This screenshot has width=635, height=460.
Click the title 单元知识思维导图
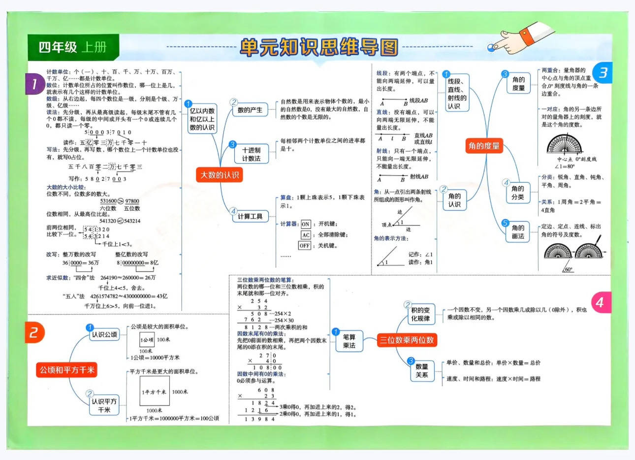(319, 47)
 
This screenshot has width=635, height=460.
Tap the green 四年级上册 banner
(73, 47)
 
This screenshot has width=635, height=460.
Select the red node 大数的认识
(220, 175)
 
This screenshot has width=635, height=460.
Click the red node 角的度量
(484, 146)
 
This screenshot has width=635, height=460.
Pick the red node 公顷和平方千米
(67, 370)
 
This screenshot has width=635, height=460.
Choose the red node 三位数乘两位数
(406, 340)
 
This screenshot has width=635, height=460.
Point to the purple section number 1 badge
(34, 84)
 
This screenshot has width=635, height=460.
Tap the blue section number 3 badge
(602, 73)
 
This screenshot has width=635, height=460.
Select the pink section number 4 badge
(600, 302)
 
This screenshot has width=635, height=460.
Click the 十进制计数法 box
(252, 154)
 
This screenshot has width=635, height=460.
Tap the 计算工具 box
(250, 216)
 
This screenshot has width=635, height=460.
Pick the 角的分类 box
(518, 193)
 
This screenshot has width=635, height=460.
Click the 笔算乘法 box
(349, 341)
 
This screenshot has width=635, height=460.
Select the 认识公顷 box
(104, 335)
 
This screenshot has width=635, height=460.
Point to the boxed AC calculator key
(306, 235)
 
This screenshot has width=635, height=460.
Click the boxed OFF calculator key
(305, 245)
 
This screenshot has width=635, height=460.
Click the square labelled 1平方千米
(155, 392)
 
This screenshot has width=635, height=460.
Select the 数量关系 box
(422, 371)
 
